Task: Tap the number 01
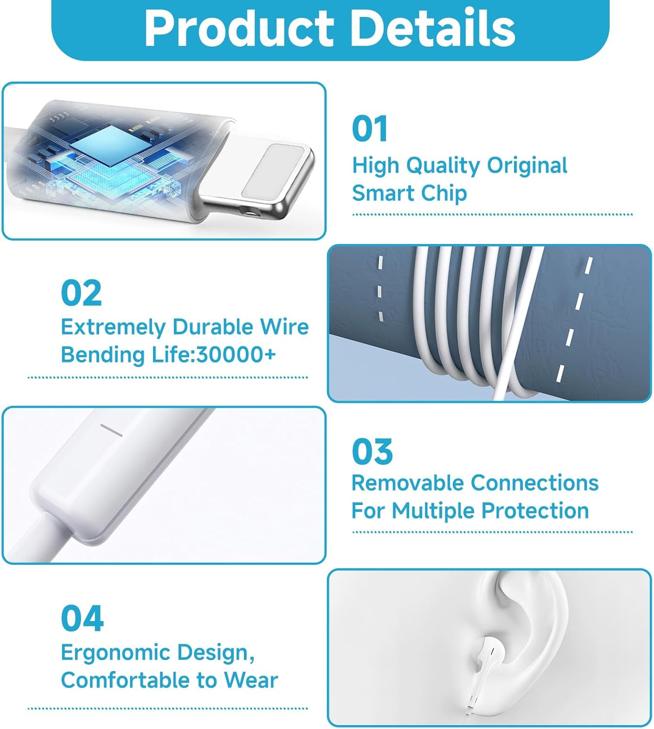[369, 128]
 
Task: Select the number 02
[81, 293]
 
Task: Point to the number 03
[372, 451]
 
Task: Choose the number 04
[83, 618]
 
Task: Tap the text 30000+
[236, 354]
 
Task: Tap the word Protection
[535, 511]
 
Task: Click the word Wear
[251, 680]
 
